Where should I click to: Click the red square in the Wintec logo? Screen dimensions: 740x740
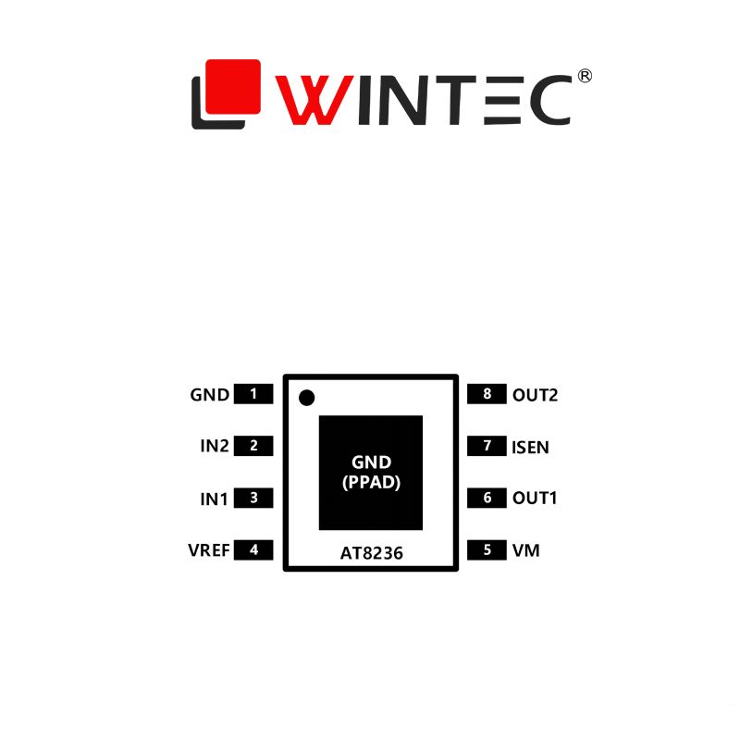(x=232, y=85)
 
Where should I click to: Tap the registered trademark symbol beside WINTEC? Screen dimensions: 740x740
(x=584, y=77)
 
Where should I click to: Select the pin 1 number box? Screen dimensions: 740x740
(x=253, y=394)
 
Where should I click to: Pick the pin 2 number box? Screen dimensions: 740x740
(x=253, y=446)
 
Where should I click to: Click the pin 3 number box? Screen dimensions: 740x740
(x=253, y=499)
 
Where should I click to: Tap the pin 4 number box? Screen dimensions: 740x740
(x=253, y=550)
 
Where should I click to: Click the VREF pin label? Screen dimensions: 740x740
(x=208, y=551)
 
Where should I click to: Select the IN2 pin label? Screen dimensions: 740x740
(x=214, y=447)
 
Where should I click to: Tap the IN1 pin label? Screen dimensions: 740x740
(x=214, y=499)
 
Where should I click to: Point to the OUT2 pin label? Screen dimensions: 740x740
(x=535, y=395)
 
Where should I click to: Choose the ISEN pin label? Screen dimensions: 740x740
(x=530, y=448)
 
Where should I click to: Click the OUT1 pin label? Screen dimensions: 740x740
(x=535, y=499)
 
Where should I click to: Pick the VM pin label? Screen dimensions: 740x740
(x=525, y=551)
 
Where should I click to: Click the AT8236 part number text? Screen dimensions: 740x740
(x=370, y=551)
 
